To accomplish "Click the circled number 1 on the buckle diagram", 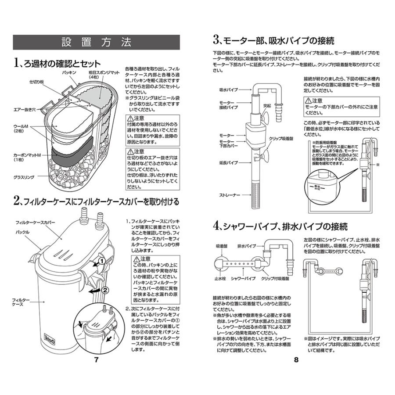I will tap(101, 261).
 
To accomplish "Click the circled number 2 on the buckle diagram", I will tap(105, 290).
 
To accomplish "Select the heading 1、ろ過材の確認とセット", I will tap(57, 63).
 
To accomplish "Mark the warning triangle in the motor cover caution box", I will tap(308, 101).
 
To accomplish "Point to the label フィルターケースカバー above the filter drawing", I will tap(35, 223).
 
